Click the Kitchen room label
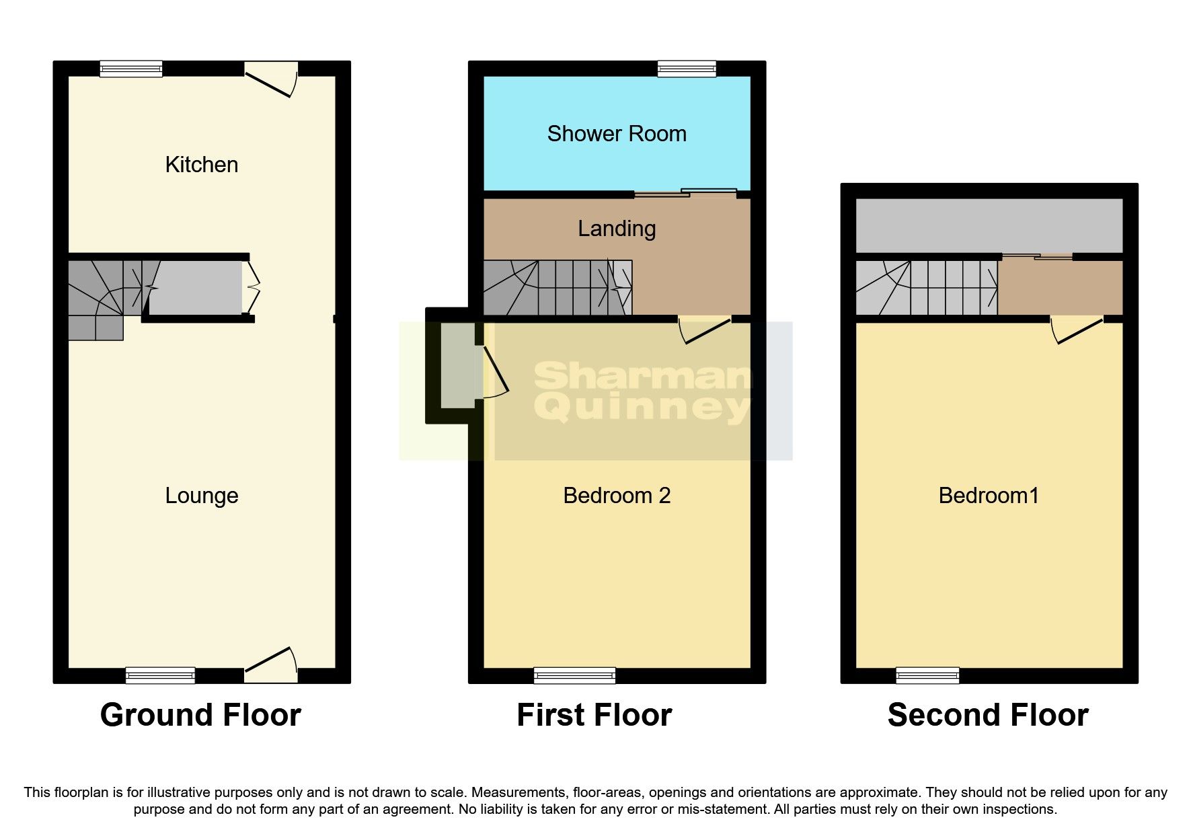(202, 165)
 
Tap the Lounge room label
(202, 496)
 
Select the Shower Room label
(617, 134)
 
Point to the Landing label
(617, 229)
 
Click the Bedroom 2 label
(617, 496)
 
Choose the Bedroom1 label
(989, 496)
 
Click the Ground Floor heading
(200, 715)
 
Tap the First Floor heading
(594, 715)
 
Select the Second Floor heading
(988, 715)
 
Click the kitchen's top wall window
(131, 68)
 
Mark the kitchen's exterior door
(271, 77)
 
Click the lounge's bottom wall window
(161, 675)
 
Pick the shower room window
(687, 68)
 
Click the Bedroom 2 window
(574, 675)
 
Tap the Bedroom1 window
(927, 675)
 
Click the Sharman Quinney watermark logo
(642, 391)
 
